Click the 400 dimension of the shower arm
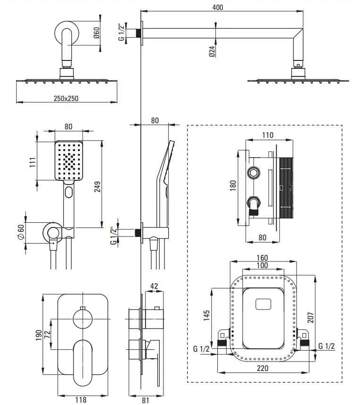218,7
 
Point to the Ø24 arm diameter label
212,51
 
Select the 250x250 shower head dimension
66,98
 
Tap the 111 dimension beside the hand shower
33,162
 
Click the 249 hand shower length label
97,187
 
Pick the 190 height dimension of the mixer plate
39,335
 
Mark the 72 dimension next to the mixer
47,335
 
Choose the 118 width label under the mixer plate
81,400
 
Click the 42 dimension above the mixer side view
154,286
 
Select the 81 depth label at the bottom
146,400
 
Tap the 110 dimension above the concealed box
267,135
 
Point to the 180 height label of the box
233,186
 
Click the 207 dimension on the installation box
310,318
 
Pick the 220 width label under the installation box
263,368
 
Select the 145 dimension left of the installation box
206,315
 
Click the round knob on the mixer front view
83,319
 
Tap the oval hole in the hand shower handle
69,192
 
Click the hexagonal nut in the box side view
254,173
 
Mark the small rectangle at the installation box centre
263,304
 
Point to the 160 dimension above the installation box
262,258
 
